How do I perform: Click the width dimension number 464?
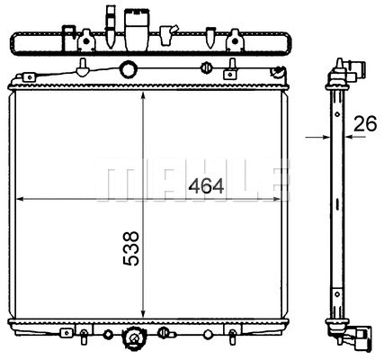point(206,187)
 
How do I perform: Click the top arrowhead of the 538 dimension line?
point(143,93)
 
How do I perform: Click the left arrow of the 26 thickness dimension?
point(326,138)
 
